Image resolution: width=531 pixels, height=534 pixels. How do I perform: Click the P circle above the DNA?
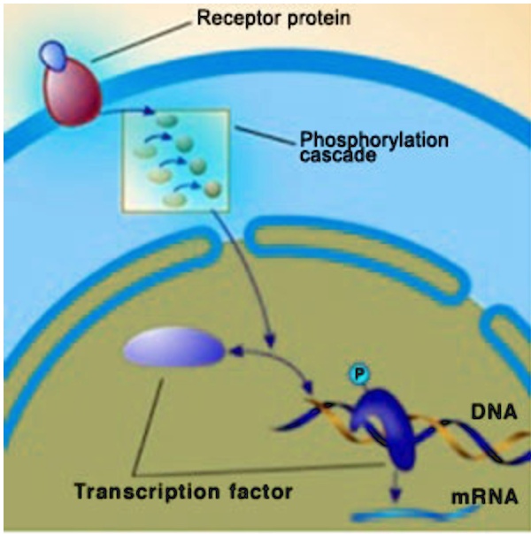(358, 374)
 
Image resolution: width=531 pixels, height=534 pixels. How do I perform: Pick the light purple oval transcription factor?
(174, 347)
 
